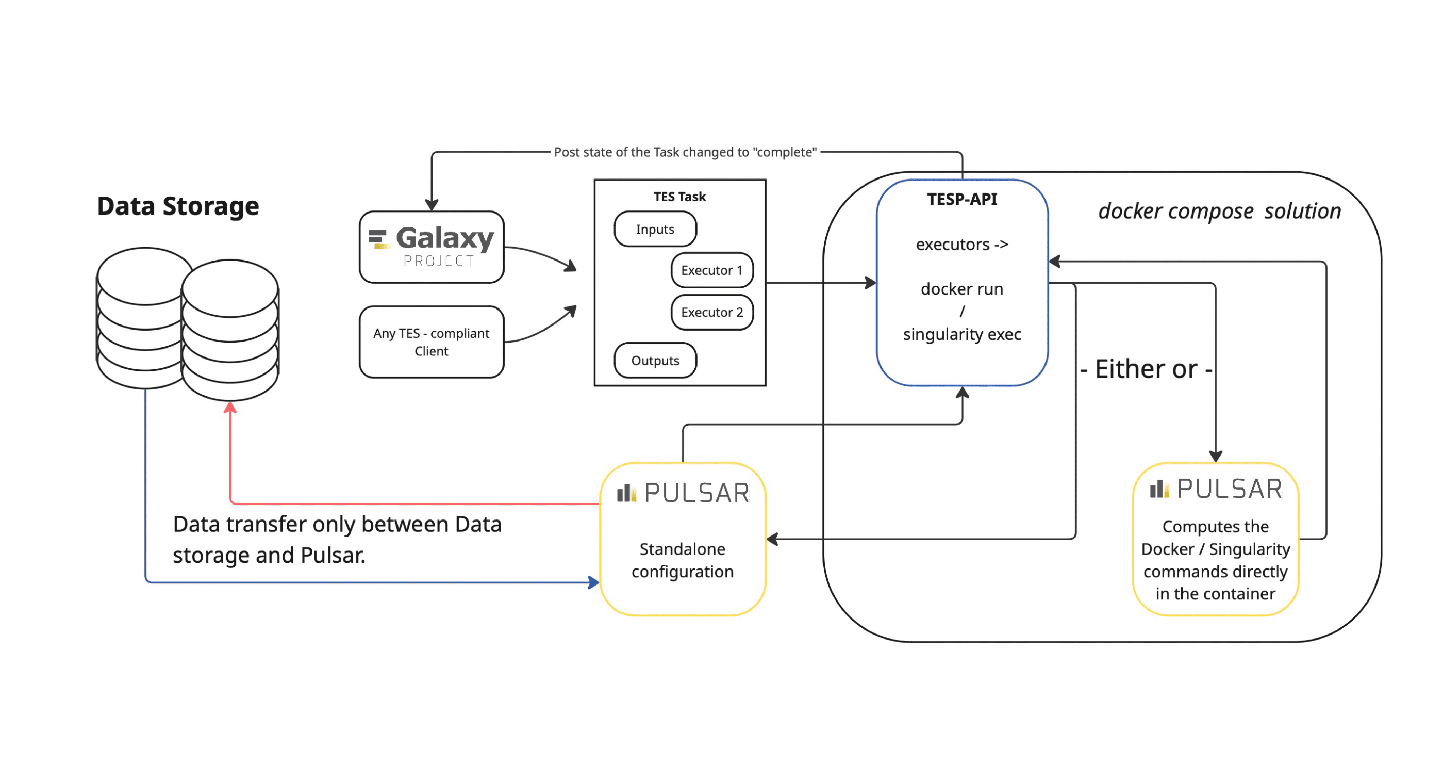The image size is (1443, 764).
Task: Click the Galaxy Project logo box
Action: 432,247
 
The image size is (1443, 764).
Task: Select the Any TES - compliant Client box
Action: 432,342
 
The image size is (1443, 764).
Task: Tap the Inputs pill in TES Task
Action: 655,229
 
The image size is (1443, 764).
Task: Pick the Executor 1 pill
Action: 711,270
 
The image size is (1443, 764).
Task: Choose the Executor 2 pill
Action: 711,312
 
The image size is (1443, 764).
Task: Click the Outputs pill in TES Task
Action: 655,361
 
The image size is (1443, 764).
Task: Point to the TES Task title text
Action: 679,197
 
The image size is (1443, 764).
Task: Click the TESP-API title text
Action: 962,199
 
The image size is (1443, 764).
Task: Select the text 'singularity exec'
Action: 962,334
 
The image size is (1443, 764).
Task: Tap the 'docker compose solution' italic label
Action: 1219,212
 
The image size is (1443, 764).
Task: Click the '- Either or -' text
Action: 1146,369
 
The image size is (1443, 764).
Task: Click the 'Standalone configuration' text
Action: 682,560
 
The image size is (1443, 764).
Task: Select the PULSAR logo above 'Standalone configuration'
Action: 682,493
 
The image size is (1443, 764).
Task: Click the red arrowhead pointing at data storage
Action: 229,408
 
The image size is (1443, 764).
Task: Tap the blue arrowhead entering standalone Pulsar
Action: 594,582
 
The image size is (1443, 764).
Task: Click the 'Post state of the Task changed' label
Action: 685,152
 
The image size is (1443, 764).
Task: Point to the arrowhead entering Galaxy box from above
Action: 432,205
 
